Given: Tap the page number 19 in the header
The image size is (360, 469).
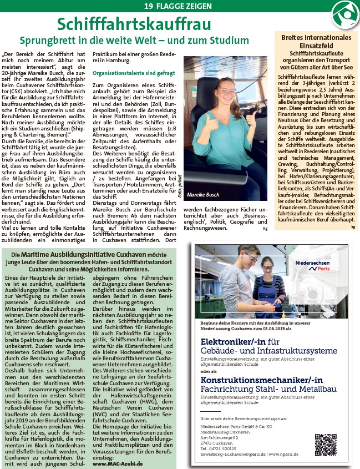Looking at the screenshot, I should pyautogui.click(x=149, y=6).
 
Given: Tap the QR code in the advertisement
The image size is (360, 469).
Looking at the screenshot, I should pyautogui.click(x=326, y=445).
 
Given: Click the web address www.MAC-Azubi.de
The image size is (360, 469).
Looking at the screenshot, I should pyautogui.click(x=118, y=463).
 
